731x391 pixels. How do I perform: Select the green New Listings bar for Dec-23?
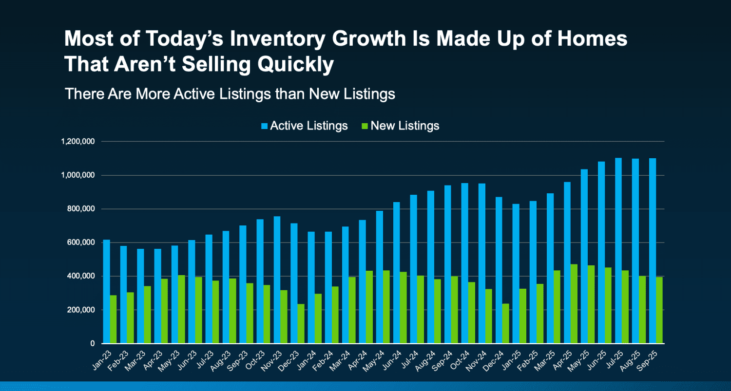tap(301, 326)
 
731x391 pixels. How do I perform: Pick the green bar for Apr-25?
tap(574, 304)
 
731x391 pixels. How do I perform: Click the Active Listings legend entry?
tap(304, 126)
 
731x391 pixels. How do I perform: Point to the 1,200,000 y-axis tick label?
tap(78, 142)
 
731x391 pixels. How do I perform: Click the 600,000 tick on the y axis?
tap(81, 242)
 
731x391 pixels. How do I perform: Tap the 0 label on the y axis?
tap(92, 344)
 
